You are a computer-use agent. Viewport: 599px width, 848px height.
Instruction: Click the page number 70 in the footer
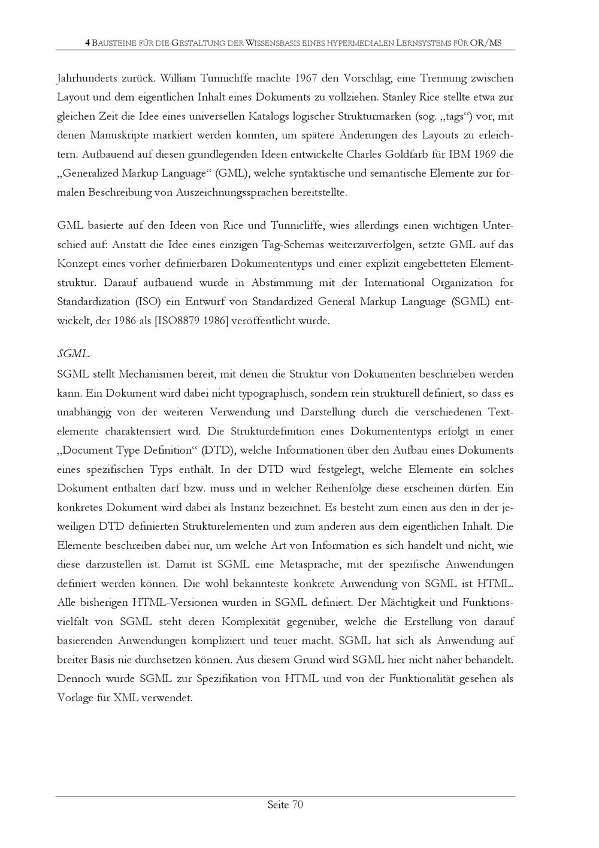click(297, 805)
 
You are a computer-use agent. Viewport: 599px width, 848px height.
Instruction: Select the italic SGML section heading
click(73, 354)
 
